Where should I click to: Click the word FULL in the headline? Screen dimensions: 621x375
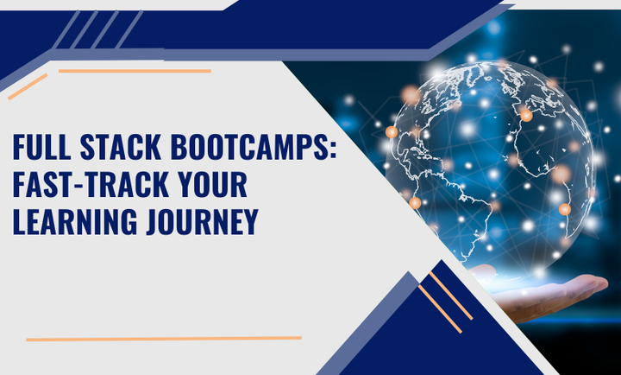pyautogui.click(x=41, y=147)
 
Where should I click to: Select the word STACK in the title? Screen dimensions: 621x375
pyautogui.click(x=121, y=147)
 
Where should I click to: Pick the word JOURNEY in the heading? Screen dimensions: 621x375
pyautogui.click(x=202, y=222)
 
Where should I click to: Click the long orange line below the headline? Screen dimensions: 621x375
pyautogui.click(x=164, y=339)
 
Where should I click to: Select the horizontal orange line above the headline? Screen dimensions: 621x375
pyautogui.click(x=135, y=71)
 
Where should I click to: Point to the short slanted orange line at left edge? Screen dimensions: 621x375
pyautogui.click(x=28, y=86)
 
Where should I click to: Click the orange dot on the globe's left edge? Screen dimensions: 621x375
pyautogui.click(x=392, y=132)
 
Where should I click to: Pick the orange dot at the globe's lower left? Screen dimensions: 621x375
pyautogui.click(x=415, y=203)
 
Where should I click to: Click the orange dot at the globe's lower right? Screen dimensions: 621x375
pyautogui.click(x=565, y=209)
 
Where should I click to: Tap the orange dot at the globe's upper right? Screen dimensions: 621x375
pyautogui.click(x=526, y=116)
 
